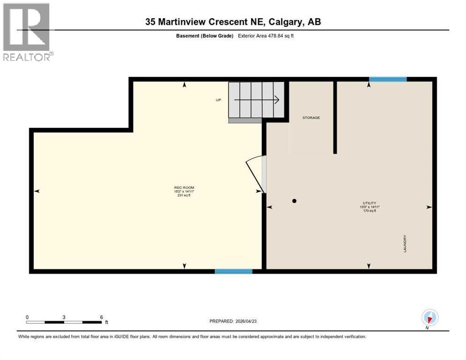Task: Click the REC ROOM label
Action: (184, 187)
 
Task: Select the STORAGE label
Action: (311, 118)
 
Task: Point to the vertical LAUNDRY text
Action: (405, 244)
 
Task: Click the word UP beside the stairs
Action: (218, 100)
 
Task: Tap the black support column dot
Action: (294, 201)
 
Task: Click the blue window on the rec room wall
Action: (233, 271)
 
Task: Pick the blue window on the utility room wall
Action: (387, 79)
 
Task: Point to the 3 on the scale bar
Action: (63, 317)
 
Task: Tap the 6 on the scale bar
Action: (101, 317)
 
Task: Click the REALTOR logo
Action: (27, 32)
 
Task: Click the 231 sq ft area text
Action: (184, 195)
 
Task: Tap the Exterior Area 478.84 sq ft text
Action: (266, 36)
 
